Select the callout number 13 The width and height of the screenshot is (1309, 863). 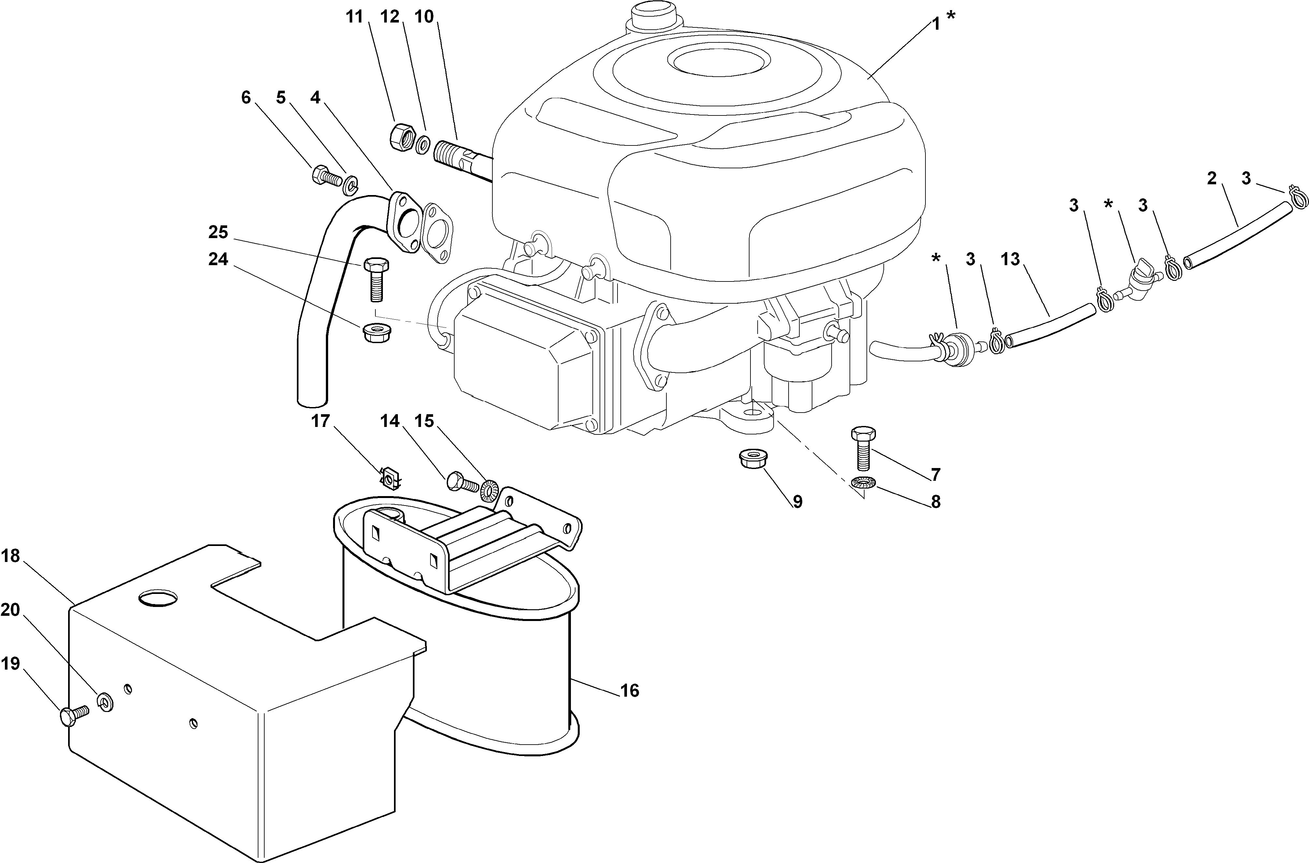pyautogui.click(x=1011, y=259)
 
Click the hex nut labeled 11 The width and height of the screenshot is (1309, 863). pyautogui.click(x=400, y=136)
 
